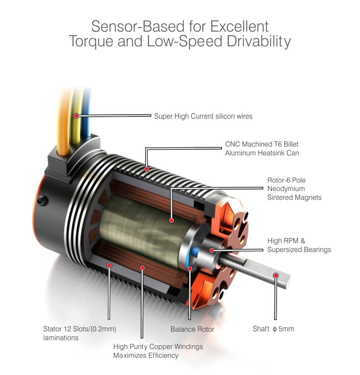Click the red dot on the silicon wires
coord(76,116)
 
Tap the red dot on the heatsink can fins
coord(147,169)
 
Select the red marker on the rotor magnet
coord(172,220)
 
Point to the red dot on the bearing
coord(212,250)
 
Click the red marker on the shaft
coord(276,275)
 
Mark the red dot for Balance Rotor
coord(190,269)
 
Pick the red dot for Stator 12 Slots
coord(109,266)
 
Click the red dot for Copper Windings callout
coord(142,268)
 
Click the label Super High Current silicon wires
coord(203,116)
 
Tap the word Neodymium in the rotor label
coord(286,189)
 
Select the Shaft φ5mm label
coord(273,329)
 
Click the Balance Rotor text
coord(192,329)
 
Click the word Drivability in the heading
coord(259,42)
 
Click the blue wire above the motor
coord(86,115)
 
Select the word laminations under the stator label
coord(61,338)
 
